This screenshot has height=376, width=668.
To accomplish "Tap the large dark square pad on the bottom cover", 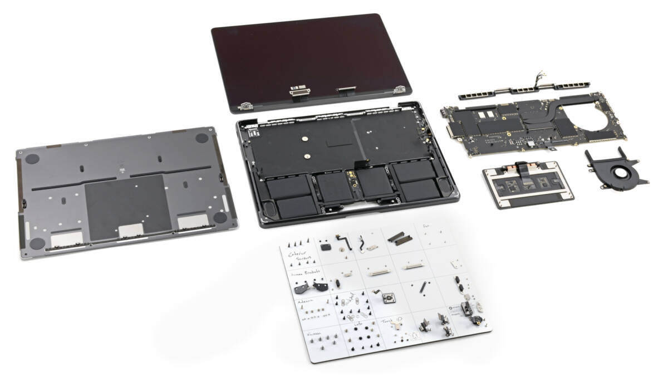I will click(x=127, y=207).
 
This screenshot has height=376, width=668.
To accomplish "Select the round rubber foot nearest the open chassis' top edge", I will click(x=203, y=138).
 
